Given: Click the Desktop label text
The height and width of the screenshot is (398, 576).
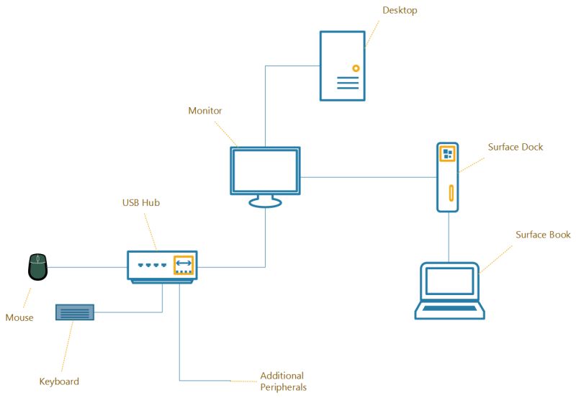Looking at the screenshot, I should pyautogui.click(x=400, y=11).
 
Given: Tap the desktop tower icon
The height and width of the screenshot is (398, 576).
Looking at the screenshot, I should pyautogui.click(x=342, y=65).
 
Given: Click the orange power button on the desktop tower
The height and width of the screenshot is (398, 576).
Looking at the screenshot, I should pyautogui.click(x=355, y=68).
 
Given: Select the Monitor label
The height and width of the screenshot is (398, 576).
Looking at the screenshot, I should pyautogui.click(x=204, y=111).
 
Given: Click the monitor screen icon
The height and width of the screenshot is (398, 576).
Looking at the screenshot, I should pyautogui.click(x=265, y=170).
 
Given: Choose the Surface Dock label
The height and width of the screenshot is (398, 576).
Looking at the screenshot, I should pyautogui.click(x=516, y=147).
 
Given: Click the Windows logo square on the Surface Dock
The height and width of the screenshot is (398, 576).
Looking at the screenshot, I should pyautogui.click(x=448, y=154).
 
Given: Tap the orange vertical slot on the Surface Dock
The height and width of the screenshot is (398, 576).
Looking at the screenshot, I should pyautogui.click(x=451, y=194).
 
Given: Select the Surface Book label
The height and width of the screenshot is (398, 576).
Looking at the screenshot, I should pyautogui.click(x=543, y=235).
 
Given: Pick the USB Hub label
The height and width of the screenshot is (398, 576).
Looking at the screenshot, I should pyautogui.click(x=140, y=203).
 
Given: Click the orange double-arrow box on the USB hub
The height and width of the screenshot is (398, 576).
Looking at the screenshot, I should pyautogui.click(x=184, y=264).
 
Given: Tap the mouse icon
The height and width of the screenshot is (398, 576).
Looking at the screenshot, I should pyautogui.click(x=37, y=267).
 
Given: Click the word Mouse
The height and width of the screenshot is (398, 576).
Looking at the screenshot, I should pyautogui.click(x=19, y=317).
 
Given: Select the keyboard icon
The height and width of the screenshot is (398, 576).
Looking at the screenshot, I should pyautogui.click(x=75, y=312).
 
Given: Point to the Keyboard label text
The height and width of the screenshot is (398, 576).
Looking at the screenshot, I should pyautogui.click(x=59, y=381).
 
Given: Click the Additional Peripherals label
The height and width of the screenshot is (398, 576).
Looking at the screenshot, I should pyautogui.click(x=283, y=381).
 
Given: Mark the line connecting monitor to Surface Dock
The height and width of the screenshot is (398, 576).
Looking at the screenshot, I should pyautogui.click(x=367, y=177).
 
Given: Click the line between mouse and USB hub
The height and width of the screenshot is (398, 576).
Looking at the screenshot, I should pyautogui.click(x=86, y=268).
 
